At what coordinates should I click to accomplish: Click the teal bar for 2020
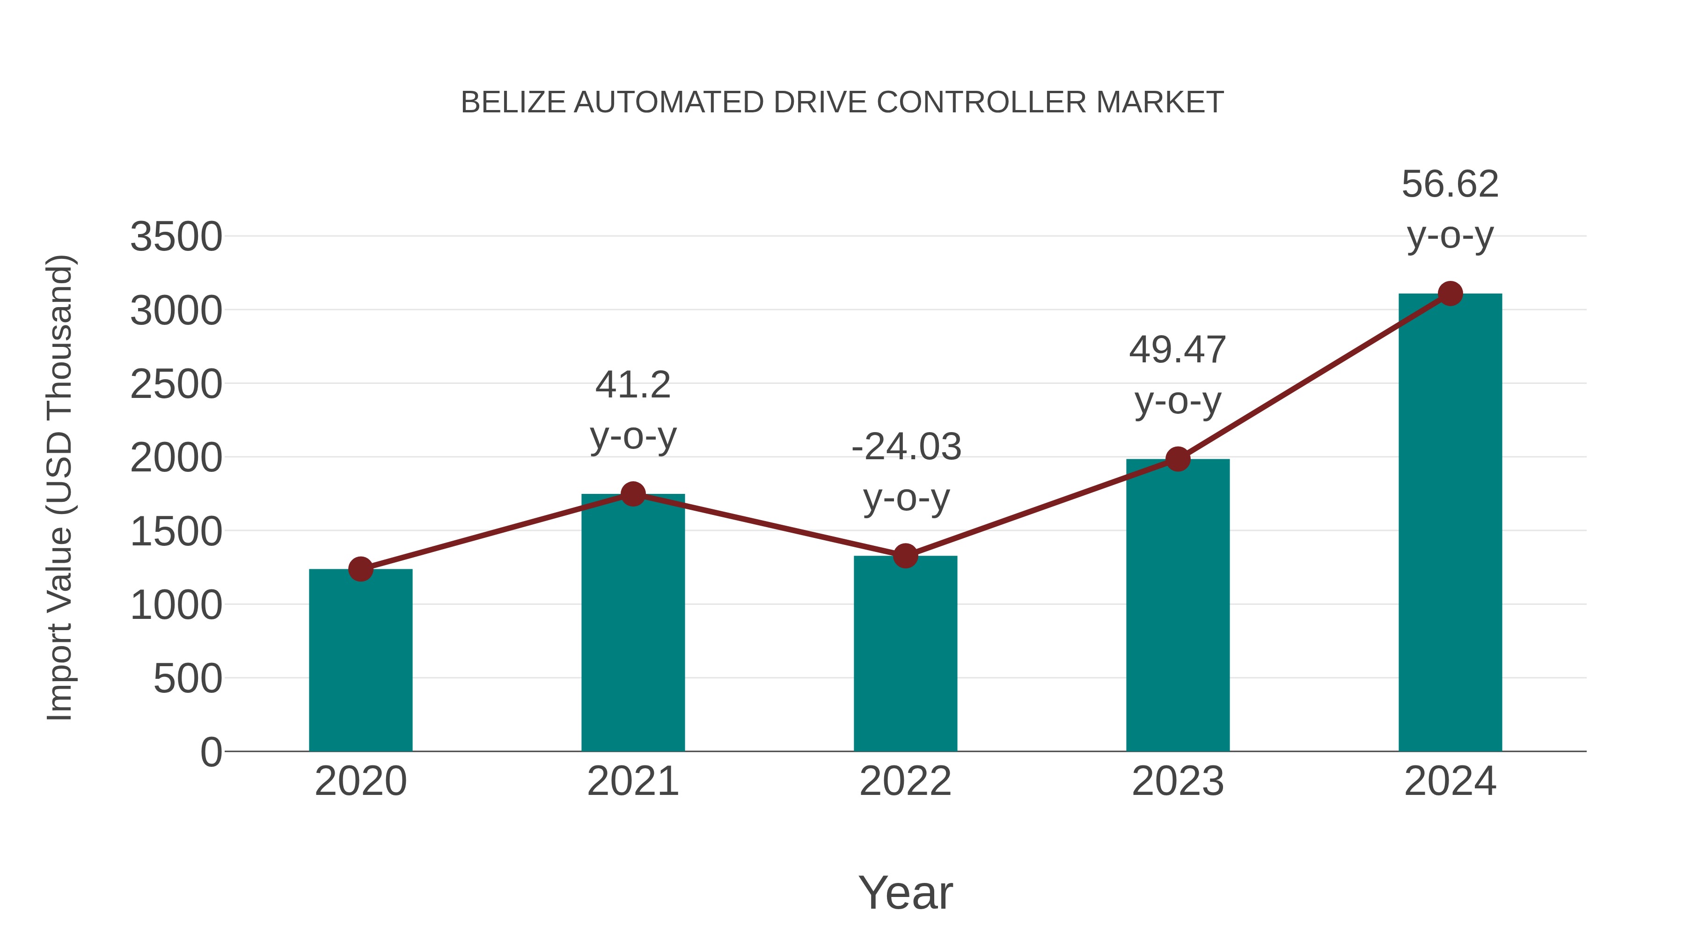360,661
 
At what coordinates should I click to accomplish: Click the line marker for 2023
1178,459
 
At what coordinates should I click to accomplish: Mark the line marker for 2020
360,569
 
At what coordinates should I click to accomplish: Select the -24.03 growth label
906,447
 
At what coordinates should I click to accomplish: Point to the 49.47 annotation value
1178,350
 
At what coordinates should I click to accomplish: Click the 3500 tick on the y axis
176,237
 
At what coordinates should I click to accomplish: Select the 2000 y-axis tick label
176,458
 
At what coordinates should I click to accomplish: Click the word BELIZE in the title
513,103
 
